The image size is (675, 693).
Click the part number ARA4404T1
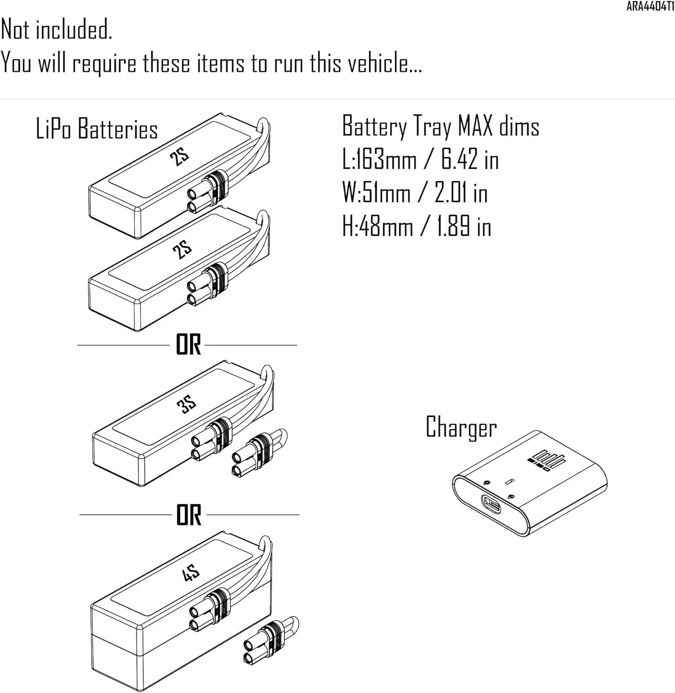pyautogui.click(x=650, y=7)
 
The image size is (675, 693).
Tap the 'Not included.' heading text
pyautogui.click(x=56, y=30)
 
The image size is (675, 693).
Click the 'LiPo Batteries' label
pyautogui.click(x=97, y=129)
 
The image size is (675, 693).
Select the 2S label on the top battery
pyautogui.click(x=179, y=158)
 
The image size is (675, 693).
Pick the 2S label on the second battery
pyautogui.click(x=182, y=250)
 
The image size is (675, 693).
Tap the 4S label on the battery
pyautogui.click(x=190, y=574)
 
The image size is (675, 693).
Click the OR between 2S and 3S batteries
pyautogui.click(x=188, y=345)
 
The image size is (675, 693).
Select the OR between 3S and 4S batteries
pyautogui.click(x=189, y=515)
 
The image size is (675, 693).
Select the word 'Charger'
pyautogui.click(x=461, y=427)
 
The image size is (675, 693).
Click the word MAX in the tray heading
pyautogui.click(x=475, y=126)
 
